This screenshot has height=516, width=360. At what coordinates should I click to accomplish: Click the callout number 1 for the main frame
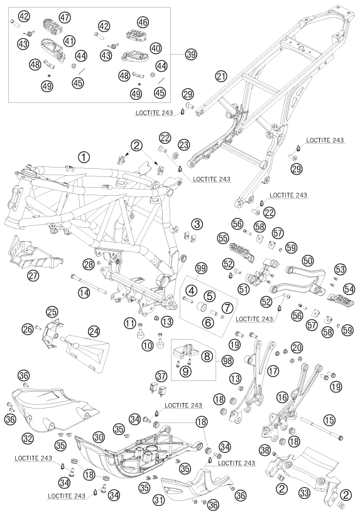click(84, 157)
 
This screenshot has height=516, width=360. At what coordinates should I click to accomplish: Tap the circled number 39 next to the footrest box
click(191, 54)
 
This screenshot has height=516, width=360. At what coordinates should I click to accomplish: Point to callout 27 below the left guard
click(33, 275)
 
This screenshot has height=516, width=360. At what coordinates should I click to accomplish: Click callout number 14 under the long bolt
click(84, 293)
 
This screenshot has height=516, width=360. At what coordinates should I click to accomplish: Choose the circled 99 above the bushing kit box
click(202, 268)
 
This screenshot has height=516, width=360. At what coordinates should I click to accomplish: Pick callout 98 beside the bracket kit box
click(227, 361)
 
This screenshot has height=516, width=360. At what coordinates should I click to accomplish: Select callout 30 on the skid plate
click(98, 438)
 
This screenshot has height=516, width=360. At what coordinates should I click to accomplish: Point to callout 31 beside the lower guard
click(159, 500)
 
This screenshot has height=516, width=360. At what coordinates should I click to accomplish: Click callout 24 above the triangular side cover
click(94, 332)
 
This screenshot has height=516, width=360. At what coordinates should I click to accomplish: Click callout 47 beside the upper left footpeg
click(65, 17)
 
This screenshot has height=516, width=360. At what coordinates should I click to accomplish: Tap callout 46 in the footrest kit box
click(143, 22)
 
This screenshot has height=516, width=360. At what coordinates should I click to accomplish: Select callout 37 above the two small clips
click(161, 375)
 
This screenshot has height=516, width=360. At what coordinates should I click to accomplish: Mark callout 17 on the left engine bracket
click(273, 371)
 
